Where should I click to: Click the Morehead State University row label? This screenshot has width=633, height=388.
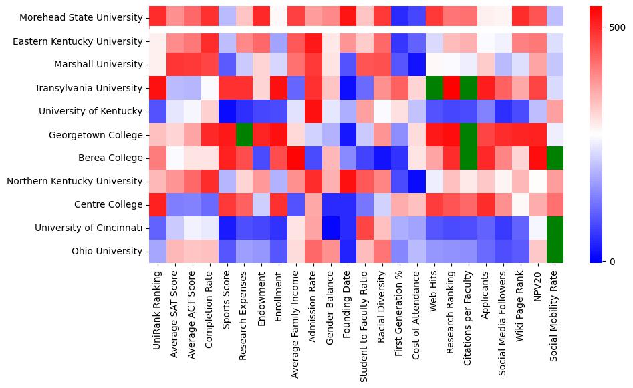coord(78,18)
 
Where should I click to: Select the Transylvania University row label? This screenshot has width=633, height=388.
coord(86,88)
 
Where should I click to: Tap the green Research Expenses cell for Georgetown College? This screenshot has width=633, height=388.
coord(244,135)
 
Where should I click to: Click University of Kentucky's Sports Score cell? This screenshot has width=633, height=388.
coord(227,112)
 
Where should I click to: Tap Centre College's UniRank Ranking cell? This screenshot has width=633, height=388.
coord(158,205)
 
